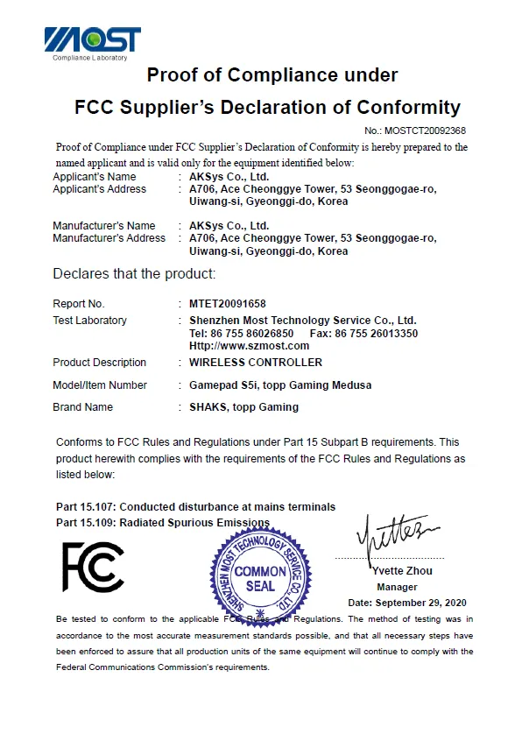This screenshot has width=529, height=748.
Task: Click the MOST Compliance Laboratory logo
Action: pos(92,43)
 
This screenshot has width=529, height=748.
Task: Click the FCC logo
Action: pos(92,567)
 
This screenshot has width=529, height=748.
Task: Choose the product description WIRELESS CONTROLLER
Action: pos(256,363)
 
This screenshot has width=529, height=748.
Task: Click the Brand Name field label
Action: pos(83,406)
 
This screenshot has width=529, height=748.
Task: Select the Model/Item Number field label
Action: pos(100,385)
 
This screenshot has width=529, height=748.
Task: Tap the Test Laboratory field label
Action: pos(89,321)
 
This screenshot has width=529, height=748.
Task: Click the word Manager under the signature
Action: pos(397,587)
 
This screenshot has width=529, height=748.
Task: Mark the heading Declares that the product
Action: pos(134,274)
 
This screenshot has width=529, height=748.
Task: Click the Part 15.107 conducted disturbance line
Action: pos(195,507)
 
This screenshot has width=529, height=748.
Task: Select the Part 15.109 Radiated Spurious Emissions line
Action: pos(163,522)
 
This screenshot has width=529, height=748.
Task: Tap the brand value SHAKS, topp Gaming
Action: pos(243,406)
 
